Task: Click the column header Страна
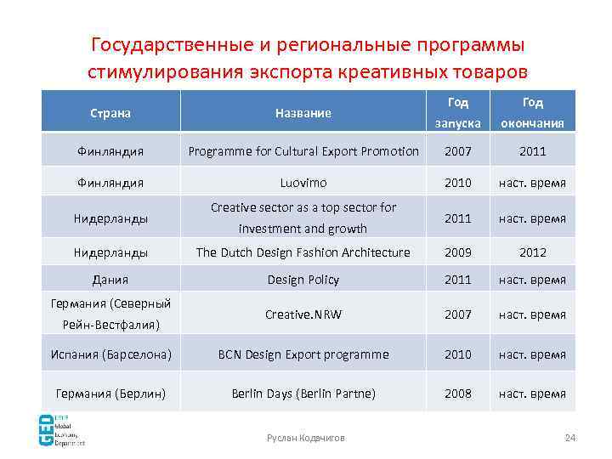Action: point(110,112)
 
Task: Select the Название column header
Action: point(303,112)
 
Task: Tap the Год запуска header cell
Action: point(458,112)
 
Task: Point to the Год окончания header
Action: point(532,112)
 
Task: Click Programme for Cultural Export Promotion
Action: point(303,151)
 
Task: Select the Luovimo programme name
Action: point(303,183)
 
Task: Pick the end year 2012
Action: point(532,252)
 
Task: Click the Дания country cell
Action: point(110,280)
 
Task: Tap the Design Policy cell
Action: point(303,280)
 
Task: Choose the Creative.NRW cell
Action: point(303,314)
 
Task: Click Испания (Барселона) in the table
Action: point(110,354)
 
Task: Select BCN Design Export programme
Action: point(303,354)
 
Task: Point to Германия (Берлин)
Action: point(110,394)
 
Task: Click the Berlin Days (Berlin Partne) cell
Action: point(303,394)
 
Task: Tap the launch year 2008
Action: point(458,394)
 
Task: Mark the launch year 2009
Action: point(458,252)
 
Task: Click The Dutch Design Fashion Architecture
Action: point(303,252)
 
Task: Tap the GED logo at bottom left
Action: point(64,430)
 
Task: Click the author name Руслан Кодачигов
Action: point(306,438)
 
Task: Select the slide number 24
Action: point(570,438)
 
